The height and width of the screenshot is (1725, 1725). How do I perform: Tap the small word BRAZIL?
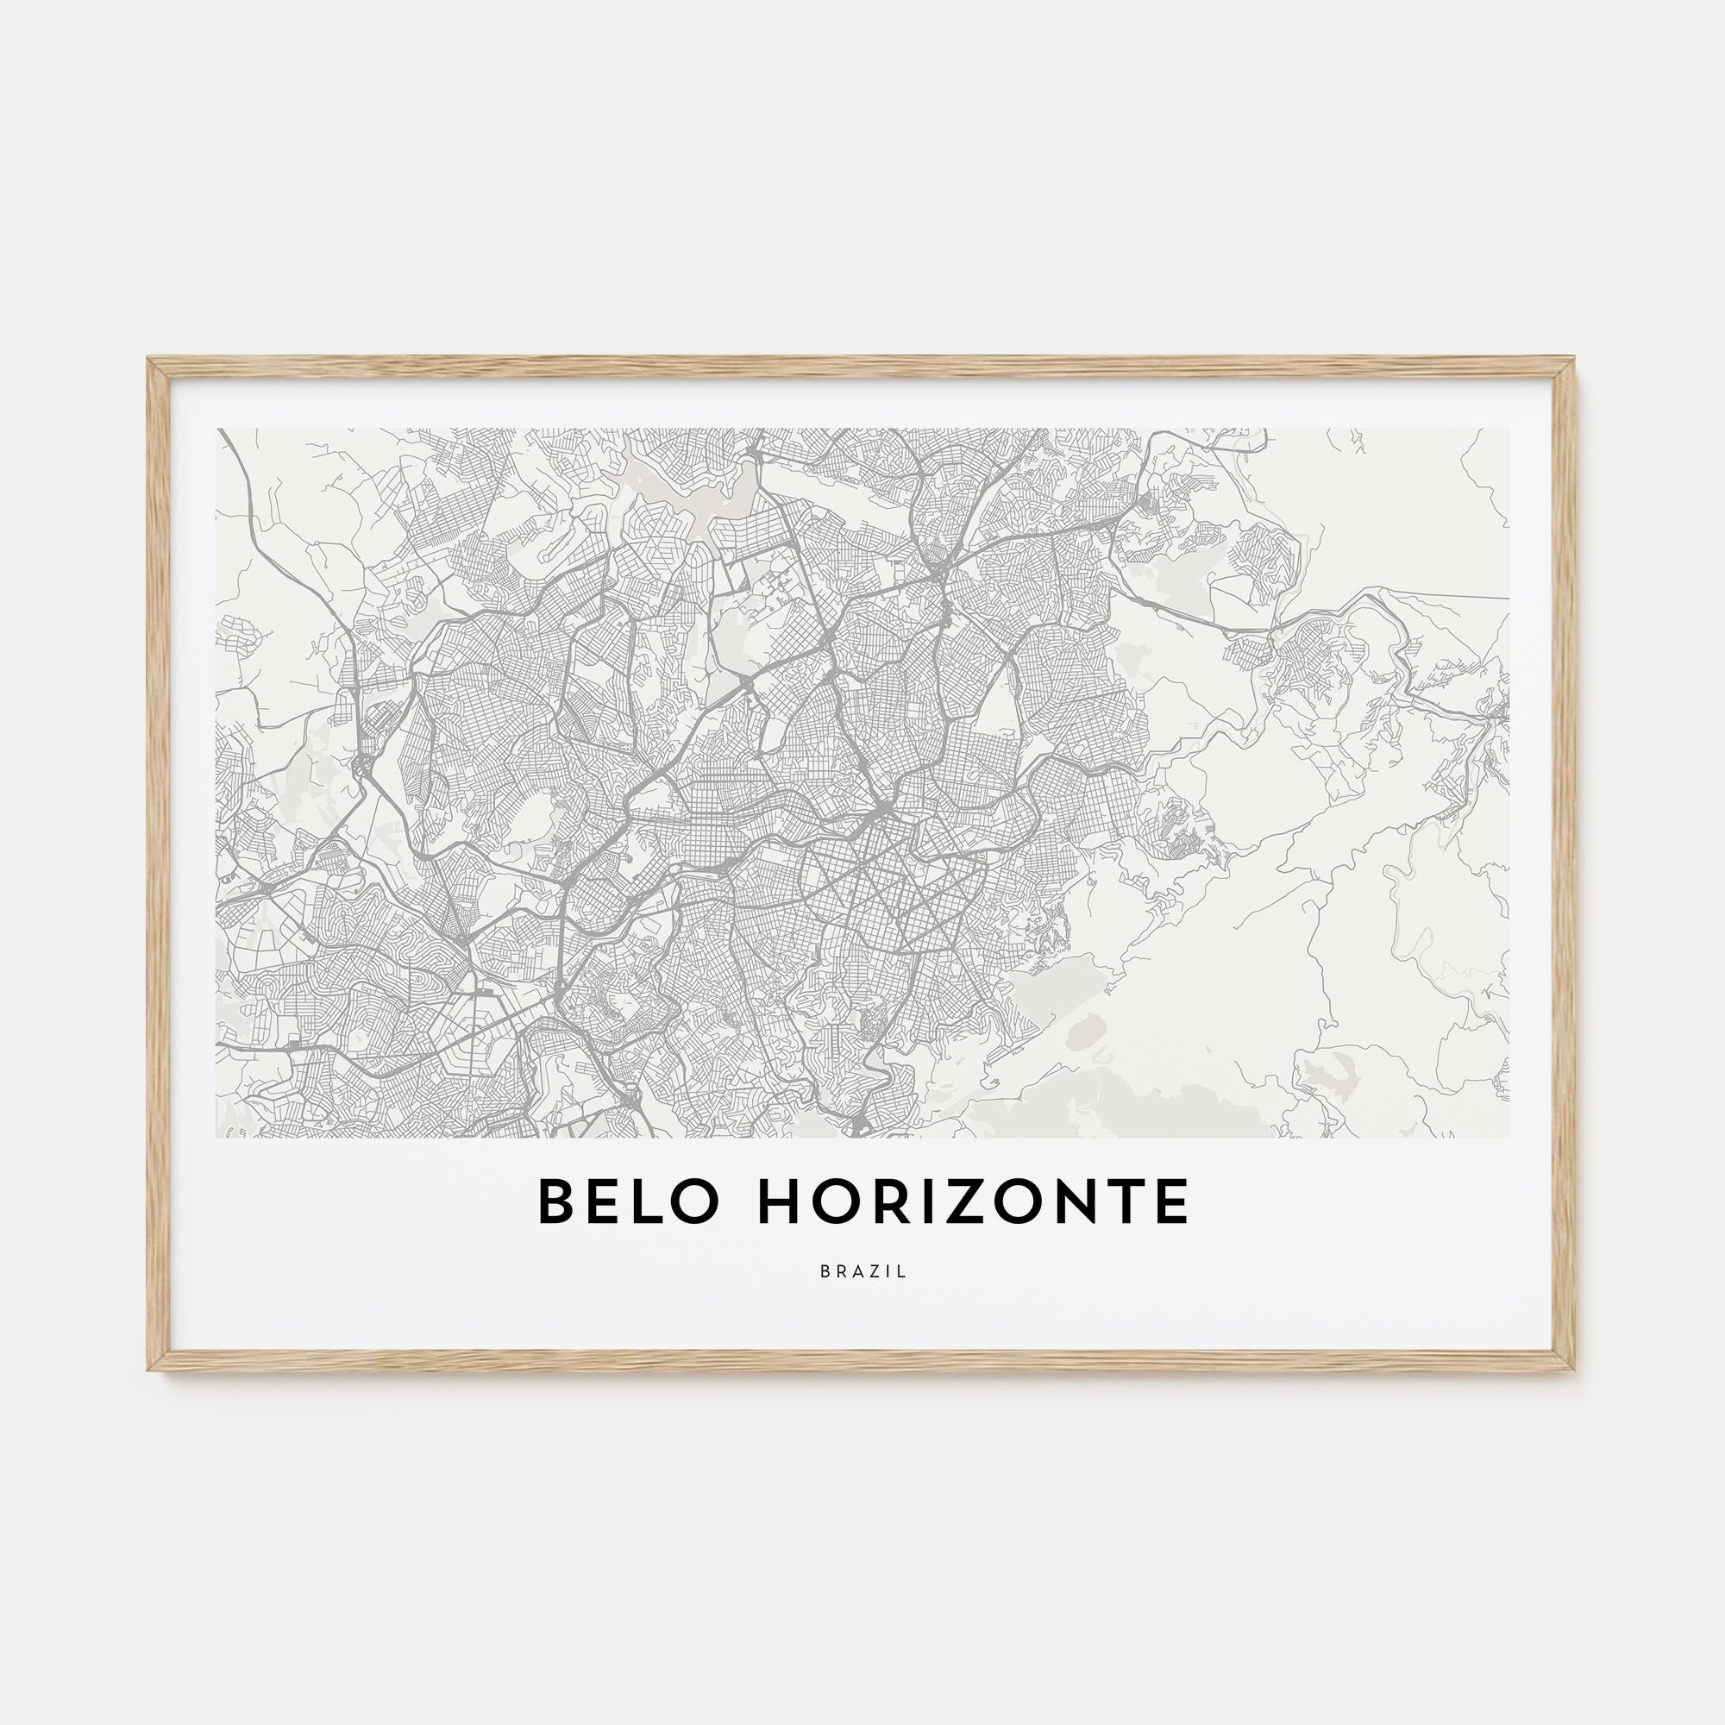pos(863,1272)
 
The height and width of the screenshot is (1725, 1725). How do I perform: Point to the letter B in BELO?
pos(555,1201)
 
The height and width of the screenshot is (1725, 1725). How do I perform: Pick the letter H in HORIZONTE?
pos(780,1201)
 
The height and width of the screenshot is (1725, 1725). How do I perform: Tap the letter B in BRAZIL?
pos(824,1272)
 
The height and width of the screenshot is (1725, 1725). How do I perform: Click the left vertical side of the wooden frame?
pos(158,864)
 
